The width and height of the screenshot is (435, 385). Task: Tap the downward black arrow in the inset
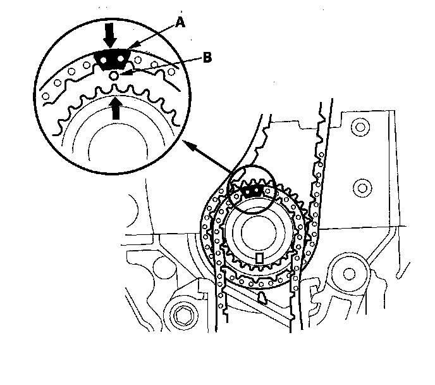[110, 36]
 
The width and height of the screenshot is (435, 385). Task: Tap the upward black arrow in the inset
[115, 108]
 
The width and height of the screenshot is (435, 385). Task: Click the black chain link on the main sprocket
[253, 189]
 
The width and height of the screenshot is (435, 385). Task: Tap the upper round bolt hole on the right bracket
[362, 129]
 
